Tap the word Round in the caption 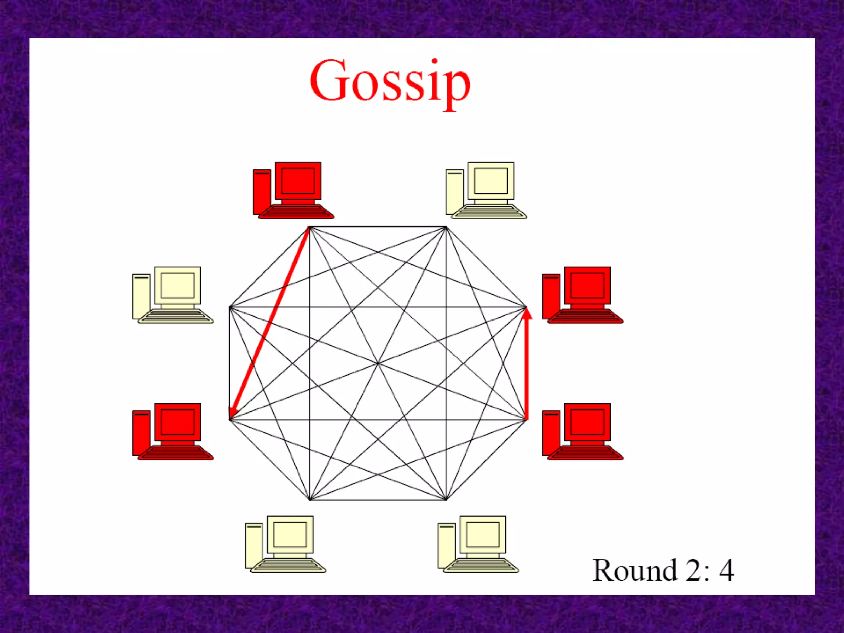tap(634, 570)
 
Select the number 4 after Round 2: tap(727, 570)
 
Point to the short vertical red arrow tap(526, 367)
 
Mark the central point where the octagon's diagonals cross tap(378, 363)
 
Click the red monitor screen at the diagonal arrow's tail tap(298, 181)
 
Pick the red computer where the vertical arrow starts tap(582, 431)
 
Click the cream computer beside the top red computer tap(486, 190)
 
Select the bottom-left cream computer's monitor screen tap(290, 535)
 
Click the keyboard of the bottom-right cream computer tap(481, 565)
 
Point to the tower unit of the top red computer tap(261, 192)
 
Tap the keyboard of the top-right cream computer tap(489, 212)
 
